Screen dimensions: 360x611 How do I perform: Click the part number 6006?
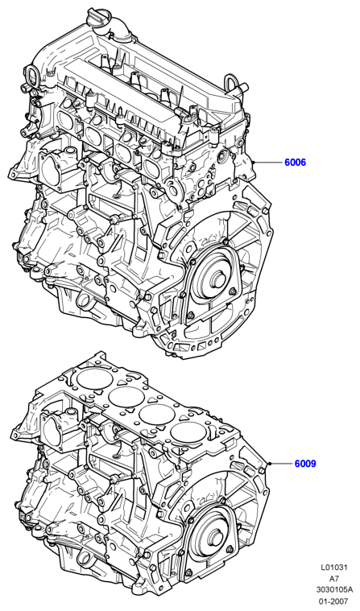tap(295, 162)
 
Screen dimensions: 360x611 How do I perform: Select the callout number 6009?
tap(305, 464)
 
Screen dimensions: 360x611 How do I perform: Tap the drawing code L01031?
tap(334, 568)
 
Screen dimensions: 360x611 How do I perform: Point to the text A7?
tap(335, 578)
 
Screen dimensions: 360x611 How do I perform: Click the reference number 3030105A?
tap(334, 588)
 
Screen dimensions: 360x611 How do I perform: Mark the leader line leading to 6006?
tap(268, 162)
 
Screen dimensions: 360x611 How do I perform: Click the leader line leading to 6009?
tap(281, 464)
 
